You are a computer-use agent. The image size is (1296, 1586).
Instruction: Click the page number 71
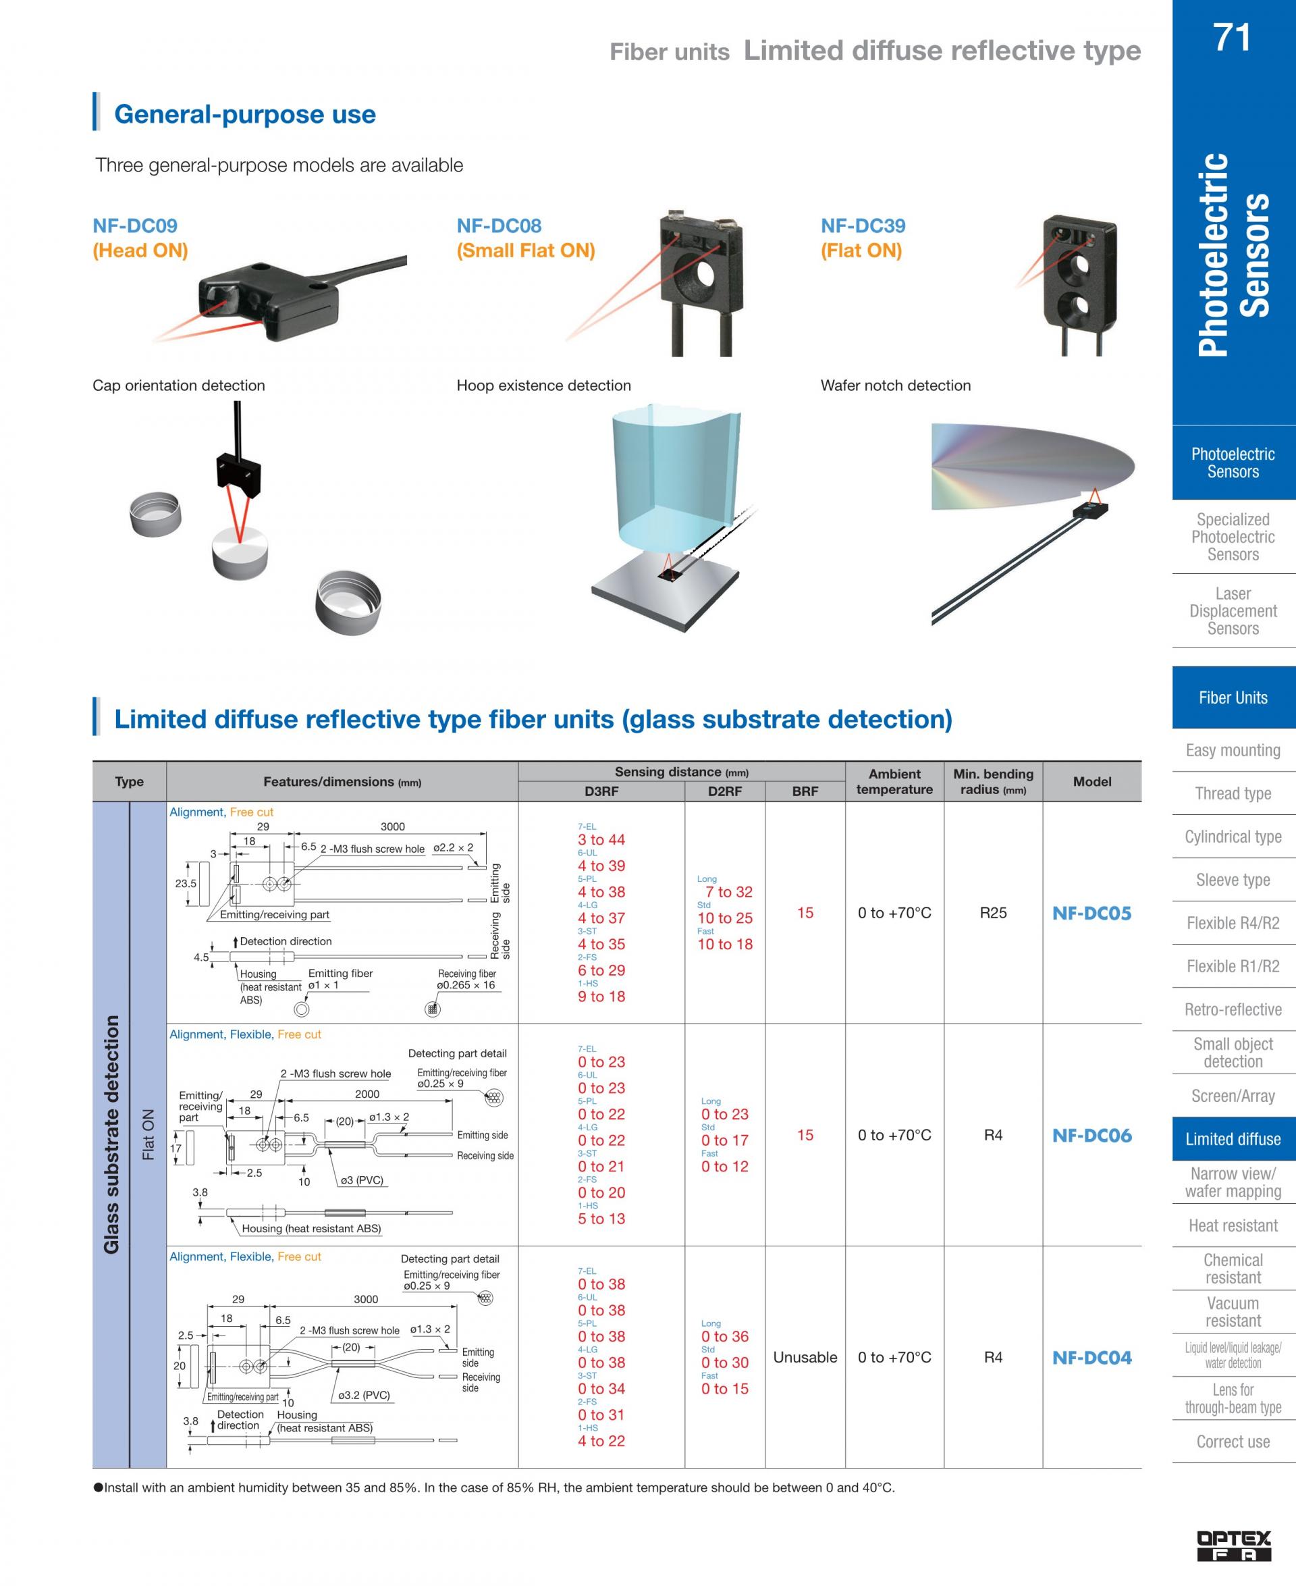coord(1232,36)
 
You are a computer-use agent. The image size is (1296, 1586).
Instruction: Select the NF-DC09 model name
coord(135,226)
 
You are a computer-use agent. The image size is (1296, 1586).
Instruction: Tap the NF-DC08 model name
coord(499,226)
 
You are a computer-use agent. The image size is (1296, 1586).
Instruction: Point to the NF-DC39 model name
coord(863,226)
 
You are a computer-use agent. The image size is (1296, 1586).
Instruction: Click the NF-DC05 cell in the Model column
coord(1091,914)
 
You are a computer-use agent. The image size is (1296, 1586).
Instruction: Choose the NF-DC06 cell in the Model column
coord(1091,1136)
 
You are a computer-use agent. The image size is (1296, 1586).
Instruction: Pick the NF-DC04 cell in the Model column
coord(1091,1358)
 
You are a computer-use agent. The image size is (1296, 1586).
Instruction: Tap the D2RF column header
coord(724,791)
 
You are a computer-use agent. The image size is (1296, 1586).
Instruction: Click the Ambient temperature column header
coord(894,782)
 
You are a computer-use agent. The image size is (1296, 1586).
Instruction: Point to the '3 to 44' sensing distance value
coord(601,840)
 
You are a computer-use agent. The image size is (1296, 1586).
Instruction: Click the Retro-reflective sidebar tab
coord(1233,1009)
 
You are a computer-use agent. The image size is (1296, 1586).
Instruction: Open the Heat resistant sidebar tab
coord(1233,1225)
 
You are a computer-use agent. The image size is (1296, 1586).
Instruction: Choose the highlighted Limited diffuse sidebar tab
coord(1233,1139)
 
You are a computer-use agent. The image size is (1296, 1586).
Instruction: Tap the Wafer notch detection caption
coord(896,386)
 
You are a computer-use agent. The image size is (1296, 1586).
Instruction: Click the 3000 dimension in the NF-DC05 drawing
coord(393,826)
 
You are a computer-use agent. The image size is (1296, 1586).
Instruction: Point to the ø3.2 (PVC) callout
coord(364,1395)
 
